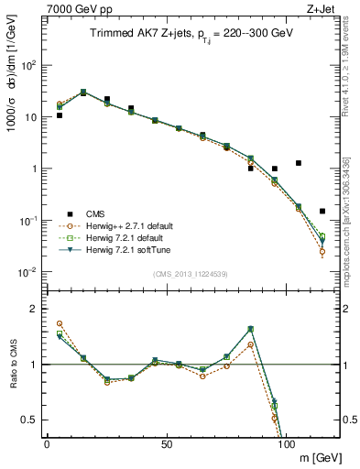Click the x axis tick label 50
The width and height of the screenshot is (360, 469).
coord(167,443)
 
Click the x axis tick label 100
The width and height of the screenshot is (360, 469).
coord(287,443)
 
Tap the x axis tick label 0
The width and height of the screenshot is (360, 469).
coord(47,443)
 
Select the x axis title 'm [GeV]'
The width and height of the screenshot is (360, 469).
coord(317,457)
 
